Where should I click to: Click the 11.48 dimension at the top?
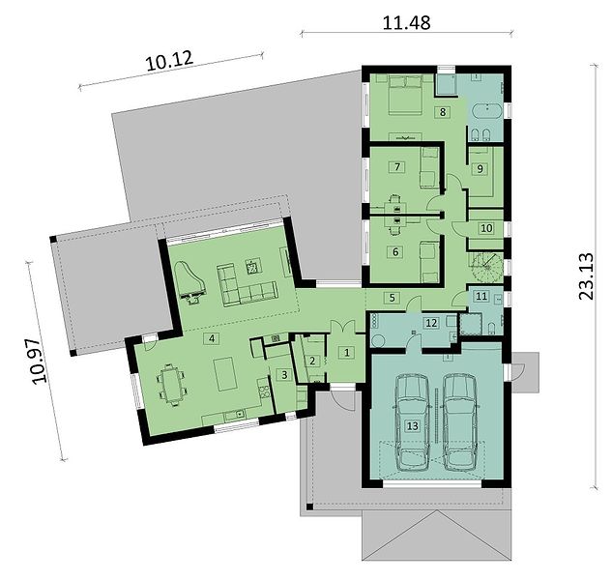tap(406, 22)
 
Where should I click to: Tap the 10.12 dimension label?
tap(170, 61)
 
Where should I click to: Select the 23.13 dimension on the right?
tap(586, 276)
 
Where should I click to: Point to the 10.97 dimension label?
tap(39, 362)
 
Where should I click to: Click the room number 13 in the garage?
tap(413, 425)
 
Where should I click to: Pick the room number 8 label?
tap(443, 112)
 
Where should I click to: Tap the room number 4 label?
tap(212, 338)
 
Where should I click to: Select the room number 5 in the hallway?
tap(393, 298)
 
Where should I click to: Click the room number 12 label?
tap(431, 323)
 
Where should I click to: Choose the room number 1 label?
tap(347, 353)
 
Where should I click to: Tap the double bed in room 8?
tap(405, 95)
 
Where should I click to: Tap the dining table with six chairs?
tap(171, 385)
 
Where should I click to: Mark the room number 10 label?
tap(486, 228)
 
